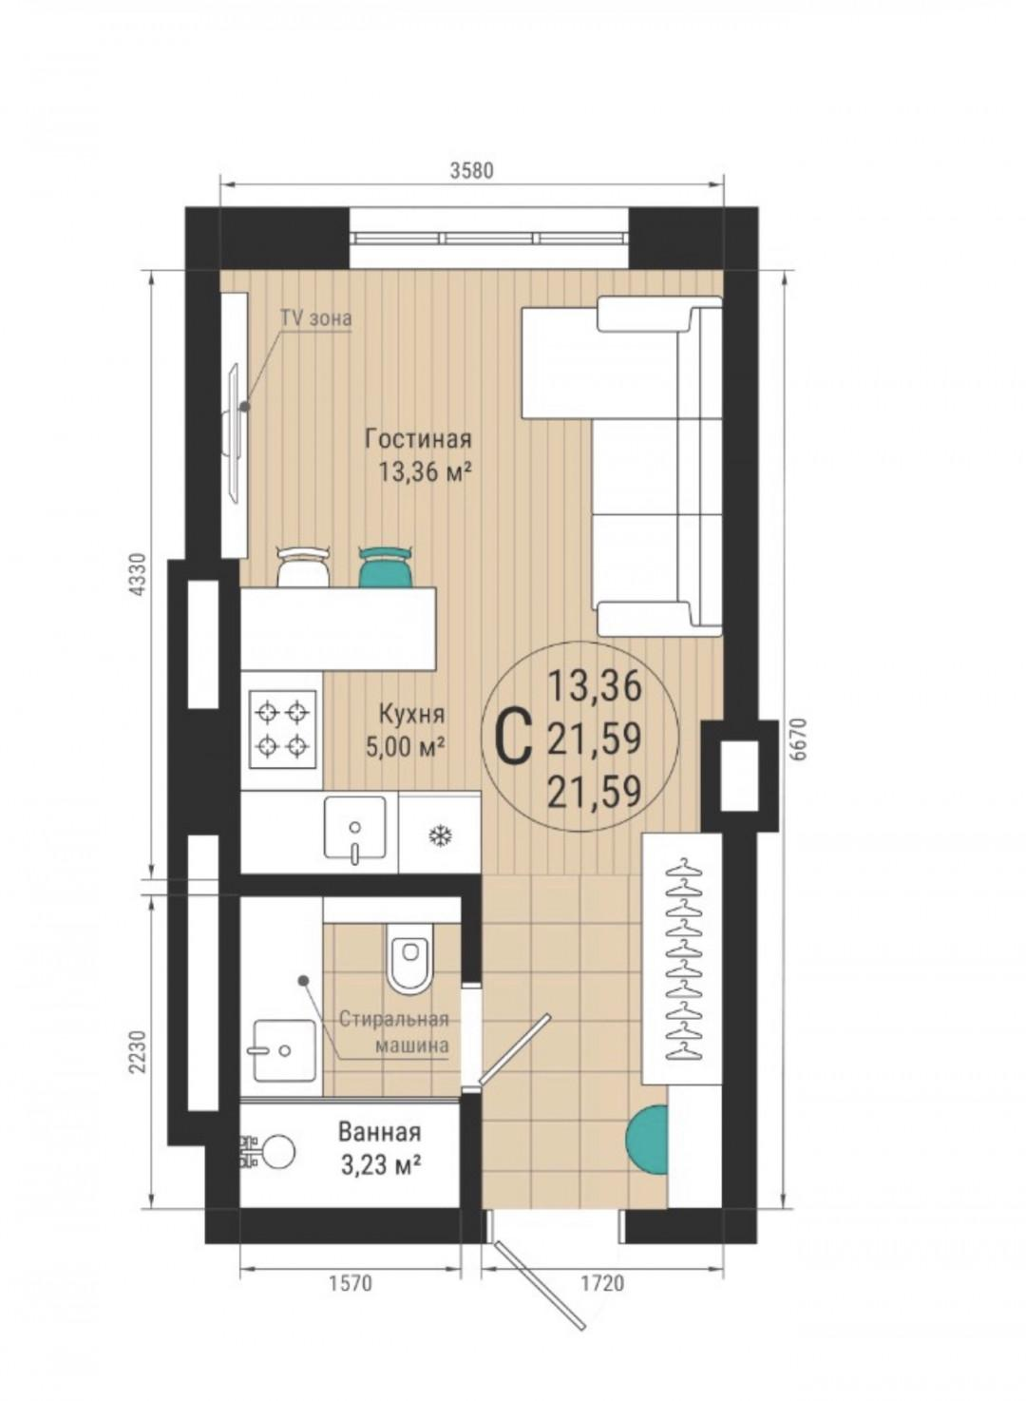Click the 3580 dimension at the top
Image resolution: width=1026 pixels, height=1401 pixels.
472,170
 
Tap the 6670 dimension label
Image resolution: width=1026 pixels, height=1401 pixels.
801,739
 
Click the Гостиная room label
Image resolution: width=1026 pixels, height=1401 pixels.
418,439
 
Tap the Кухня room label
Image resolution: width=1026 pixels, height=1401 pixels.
411,713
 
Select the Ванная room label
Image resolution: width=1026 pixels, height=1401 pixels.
379,1131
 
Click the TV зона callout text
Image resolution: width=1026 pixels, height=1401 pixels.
315,318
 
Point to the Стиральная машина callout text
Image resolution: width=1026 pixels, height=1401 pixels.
394,1031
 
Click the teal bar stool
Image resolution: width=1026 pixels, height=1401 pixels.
386,566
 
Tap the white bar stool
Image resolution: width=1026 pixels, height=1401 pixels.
303,566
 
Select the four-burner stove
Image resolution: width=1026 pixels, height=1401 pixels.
282,729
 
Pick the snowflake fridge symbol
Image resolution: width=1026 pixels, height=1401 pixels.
440,835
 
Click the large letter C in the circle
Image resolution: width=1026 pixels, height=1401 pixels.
513,739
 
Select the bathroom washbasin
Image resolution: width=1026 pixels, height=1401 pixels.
284,1051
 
